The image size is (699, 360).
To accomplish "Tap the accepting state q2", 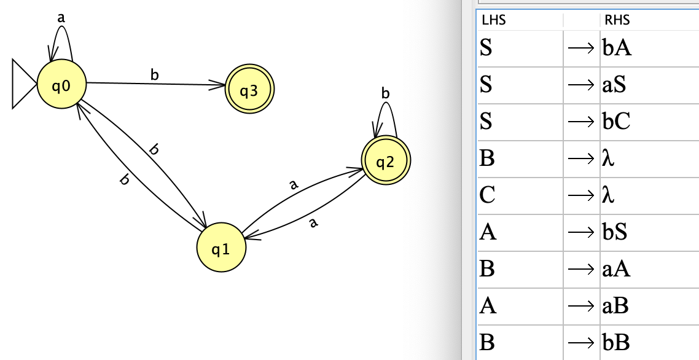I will [385, 162].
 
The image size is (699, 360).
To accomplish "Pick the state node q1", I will [221, 248].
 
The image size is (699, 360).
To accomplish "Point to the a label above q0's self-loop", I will [61, 18].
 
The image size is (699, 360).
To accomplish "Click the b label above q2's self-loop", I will [385, 93].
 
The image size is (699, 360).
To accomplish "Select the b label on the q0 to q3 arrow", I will [154, 75].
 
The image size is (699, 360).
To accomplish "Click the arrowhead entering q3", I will [219, 87].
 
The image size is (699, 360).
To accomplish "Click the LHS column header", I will [494, 20].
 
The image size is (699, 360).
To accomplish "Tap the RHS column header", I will [617, 20].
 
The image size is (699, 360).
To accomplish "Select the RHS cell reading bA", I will [617, 48].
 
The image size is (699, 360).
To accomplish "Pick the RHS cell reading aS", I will [614, 85].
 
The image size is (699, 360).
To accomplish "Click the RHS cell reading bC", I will [616, 122].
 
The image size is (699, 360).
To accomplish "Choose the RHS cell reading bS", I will [614, 232].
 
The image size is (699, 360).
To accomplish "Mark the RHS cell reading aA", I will [617, 269].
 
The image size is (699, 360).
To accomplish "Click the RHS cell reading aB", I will [616, 306].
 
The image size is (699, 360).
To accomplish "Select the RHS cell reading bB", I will [616, 343].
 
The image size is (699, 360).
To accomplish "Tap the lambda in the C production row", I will [608, 195].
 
